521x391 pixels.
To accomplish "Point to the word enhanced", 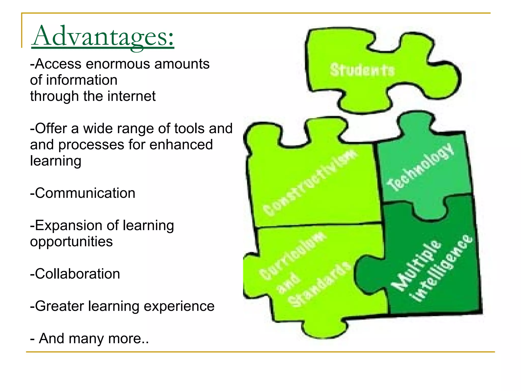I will pos(181,145).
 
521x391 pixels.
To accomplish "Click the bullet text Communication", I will pos(85,193).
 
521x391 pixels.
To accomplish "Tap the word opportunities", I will pos(71,242).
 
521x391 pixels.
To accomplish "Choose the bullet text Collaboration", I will pos(77,274).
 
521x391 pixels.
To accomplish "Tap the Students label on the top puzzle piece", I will pos(362,70).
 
